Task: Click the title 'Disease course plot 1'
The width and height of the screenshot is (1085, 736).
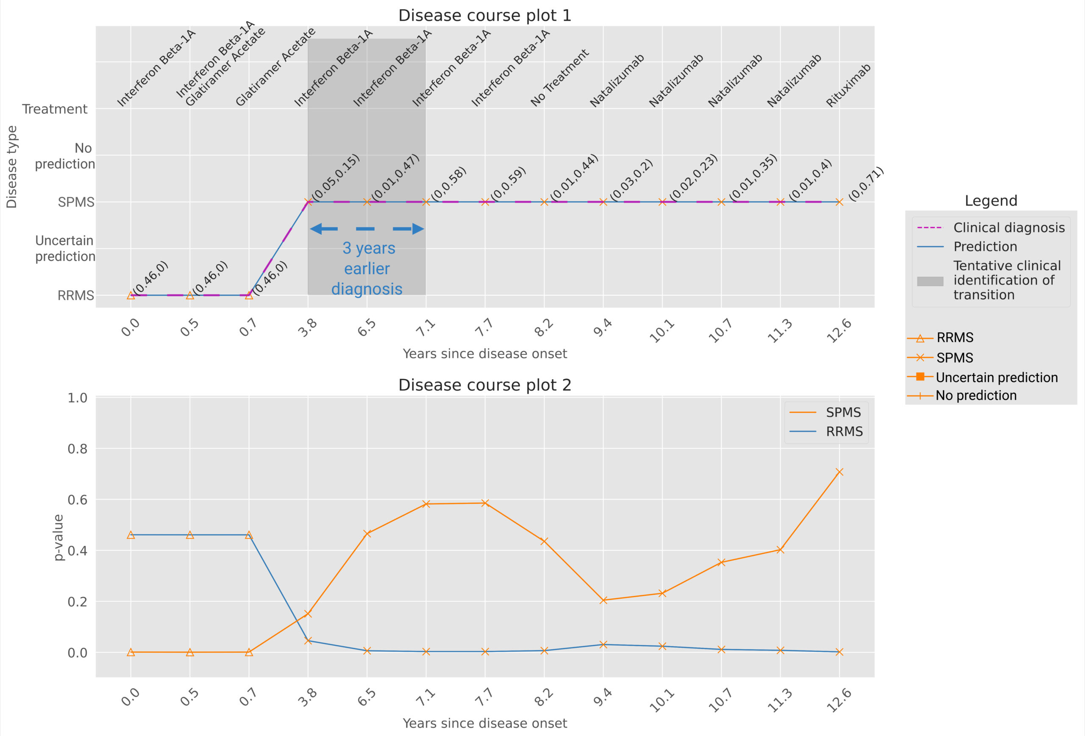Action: (484, 15)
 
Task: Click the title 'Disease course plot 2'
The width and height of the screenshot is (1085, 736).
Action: (484, 385)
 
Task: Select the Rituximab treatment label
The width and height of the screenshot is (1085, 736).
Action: (849, 86)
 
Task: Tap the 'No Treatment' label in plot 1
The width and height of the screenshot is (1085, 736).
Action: (559, 78)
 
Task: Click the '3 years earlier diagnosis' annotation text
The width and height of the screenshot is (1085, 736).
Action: (367, 268)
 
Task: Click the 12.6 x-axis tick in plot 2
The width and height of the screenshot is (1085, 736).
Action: (839, 700)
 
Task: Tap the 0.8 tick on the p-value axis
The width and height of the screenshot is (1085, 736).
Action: (78, 449)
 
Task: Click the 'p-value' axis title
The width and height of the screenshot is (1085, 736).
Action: (58, 537)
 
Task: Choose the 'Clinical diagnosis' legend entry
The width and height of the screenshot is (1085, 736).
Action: (1008, 228)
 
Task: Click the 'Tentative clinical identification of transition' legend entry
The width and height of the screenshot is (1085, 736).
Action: (1007, 280)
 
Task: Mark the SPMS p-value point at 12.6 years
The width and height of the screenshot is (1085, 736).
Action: (839, 472)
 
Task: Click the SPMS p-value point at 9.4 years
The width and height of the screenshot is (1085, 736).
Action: (603, 600)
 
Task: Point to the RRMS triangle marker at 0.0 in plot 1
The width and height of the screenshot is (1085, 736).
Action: (131, 295)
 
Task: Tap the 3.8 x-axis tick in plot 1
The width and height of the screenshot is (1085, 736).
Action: (308, 328)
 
